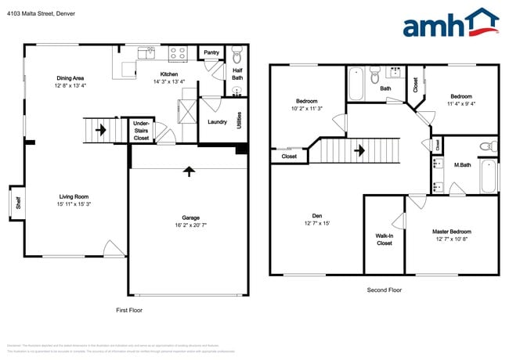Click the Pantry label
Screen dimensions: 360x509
coord(211,53)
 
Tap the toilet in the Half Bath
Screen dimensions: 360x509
coord(237,56)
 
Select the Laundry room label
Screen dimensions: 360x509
coord(217,122)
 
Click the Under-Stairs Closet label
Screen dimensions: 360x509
coord(141,131)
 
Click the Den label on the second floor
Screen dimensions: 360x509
coord(316,215)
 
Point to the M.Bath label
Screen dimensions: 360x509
coord(461,164)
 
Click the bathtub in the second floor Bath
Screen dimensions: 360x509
coord(356,85)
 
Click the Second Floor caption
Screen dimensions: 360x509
coord(384,290)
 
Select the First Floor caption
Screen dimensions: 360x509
coord(128,310)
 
